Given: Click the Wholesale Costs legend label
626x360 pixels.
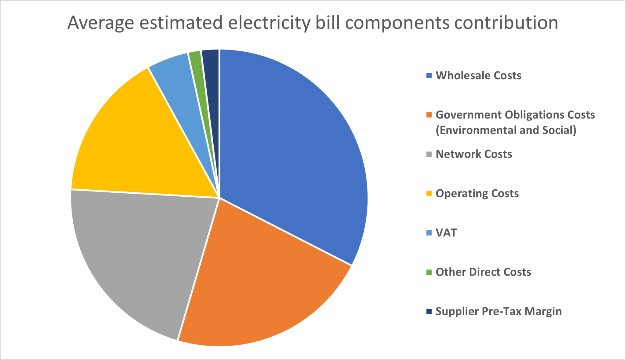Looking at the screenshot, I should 478,76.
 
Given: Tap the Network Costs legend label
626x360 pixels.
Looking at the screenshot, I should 474,154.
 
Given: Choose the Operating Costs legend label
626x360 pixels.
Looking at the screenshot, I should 477,194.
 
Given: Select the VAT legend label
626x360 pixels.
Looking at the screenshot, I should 446,233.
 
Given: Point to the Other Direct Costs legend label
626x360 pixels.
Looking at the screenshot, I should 483,272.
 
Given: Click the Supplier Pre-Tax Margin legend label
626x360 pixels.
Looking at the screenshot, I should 499,311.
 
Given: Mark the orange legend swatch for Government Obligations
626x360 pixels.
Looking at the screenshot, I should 429,115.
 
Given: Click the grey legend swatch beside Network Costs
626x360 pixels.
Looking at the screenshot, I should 429,154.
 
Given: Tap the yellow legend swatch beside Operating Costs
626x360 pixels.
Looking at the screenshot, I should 429,194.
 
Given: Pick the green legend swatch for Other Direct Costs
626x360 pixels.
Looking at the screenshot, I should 429,272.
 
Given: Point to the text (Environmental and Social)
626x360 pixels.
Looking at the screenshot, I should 506,130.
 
